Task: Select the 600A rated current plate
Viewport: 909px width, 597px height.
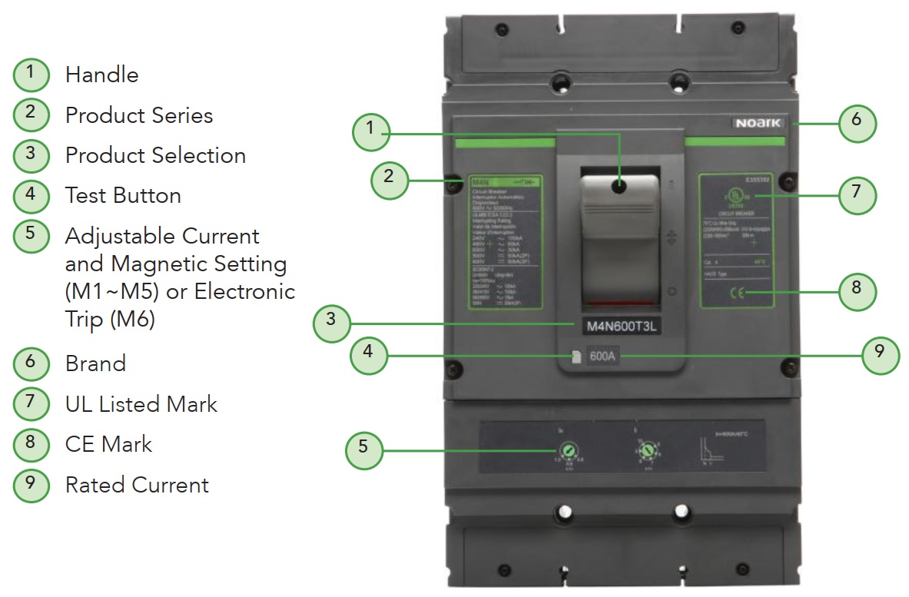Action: pyautogui.click(x=604, y=357)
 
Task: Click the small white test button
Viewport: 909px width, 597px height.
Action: pyautogui.click(x=575, y=357)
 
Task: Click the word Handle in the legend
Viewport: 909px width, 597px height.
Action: pyautogui.click(x=102, y=75)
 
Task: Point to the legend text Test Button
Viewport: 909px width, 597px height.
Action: pyautogui.click(x=123, y=195)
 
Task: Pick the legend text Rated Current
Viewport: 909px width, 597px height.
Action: pyautogui.click(x=137, y=485)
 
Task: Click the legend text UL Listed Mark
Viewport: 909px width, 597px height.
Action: pyautogui.click(x=141, y=404)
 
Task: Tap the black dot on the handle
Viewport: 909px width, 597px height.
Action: pyautogui.click(x=621, y=187)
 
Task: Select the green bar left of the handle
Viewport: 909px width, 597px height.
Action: pyautogui.click(x=504, y=143)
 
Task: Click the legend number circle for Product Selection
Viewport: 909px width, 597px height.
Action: pyautogui.click(x=31, y=154)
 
